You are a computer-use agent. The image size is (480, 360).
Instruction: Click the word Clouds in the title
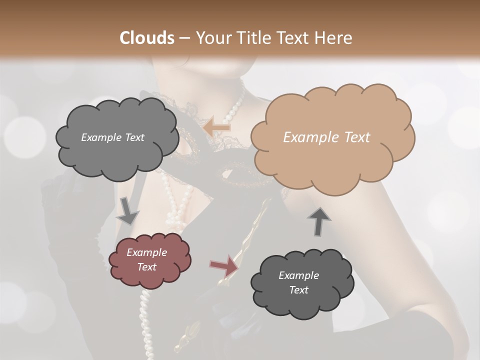[147, 38]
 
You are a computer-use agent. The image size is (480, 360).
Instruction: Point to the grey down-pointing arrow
[128, 210]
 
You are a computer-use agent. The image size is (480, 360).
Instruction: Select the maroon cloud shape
[149, 260]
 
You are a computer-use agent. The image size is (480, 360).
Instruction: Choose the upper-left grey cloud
[116, 138]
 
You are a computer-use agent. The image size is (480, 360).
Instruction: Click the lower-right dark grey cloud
[300, 283]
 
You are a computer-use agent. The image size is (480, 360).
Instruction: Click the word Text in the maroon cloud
[147, 267]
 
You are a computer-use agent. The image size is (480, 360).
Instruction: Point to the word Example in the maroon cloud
[147, 252]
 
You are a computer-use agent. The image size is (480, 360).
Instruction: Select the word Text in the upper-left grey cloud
[134, 137]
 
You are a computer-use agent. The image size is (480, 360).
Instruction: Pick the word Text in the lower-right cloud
[298, 290]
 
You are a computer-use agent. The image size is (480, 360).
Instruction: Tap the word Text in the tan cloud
[357, 137]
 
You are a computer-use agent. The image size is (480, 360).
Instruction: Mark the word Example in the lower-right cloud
[298, 275]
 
